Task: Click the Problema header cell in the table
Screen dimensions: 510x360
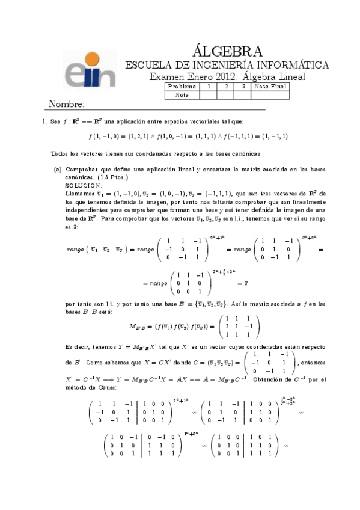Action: point(182,87)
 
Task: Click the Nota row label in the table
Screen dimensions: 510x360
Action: point(182,94)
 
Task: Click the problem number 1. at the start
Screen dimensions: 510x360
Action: point(44,121)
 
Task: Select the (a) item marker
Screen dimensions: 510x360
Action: point(58,170)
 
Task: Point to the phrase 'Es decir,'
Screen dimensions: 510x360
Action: point(76,347)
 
